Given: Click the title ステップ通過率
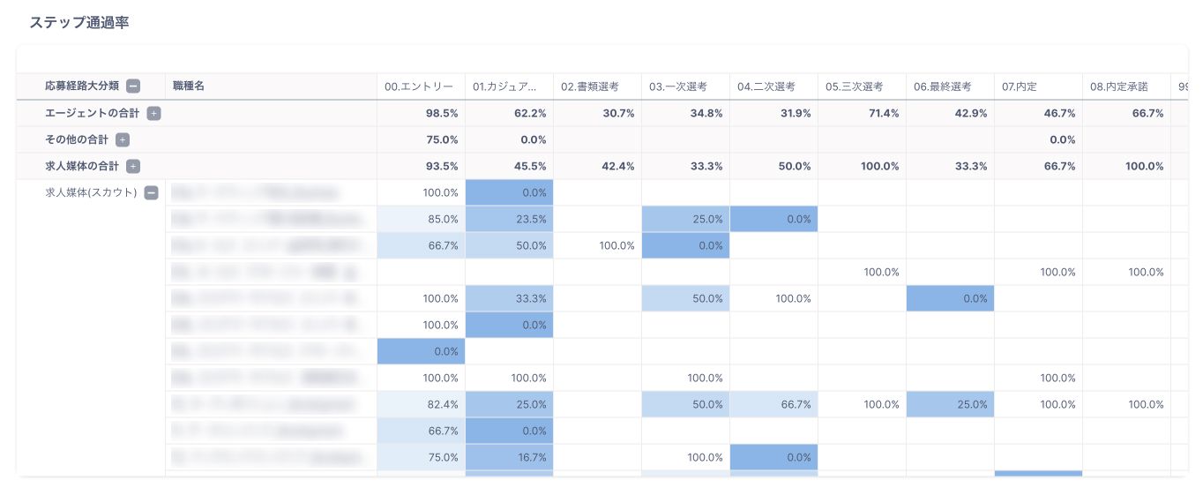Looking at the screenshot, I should click(x=78, y=23).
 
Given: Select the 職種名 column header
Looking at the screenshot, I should click(x=189, y=86).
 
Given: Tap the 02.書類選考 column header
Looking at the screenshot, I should click(x=589, y=86).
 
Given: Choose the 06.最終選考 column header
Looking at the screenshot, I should click(x=942, y=86).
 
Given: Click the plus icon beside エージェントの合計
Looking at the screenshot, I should click(x=153, y=113).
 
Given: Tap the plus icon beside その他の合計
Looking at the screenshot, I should click(x=123, y=139).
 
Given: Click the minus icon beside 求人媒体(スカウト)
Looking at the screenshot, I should click(x=151, y=192).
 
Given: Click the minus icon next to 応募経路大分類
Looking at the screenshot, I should click(x=133, y=86).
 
